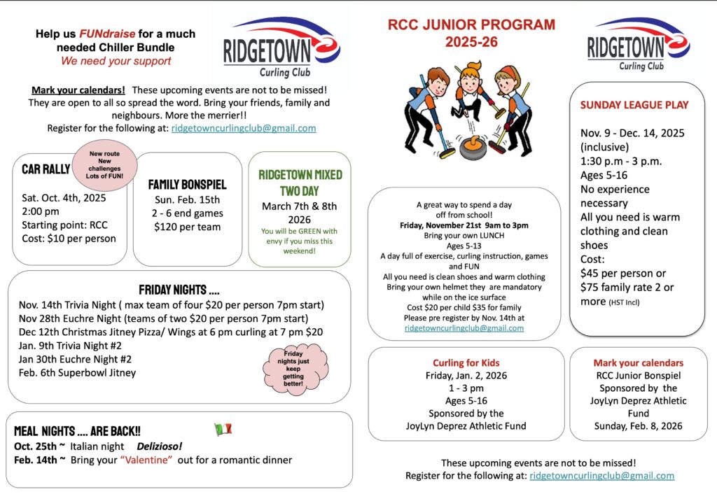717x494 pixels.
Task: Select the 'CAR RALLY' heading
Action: (x=46, y=169)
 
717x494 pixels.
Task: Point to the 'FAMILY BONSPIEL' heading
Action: (x=187, y=185)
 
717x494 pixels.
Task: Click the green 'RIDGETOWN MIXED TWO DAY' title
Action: (x=299, y=181)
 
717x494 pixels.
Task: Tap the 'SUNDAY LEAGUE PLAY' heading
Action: (x=634, y=105)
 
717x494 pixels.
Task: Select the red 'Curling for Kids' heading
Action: (x=466, y=362)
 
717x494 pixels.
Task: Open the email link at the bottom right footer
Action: (x=601, y=476)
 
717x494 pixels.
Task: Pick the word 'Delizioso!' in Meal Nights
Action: (x=159, y=446)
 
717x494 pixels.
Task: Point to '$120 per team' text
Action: (x=187, y=227)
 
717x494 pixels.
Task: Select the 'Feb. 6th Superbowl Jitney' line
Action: (x=77, y=372)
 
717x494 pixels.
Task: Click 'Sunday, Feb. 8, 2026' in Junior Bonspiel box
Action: (x=637, y=425)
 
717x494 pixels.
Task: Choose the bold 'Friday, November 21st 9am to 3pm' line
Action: (x=464, y=225)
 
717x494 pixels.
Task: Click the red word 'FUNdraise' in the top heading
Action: (x=103, y=34)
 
